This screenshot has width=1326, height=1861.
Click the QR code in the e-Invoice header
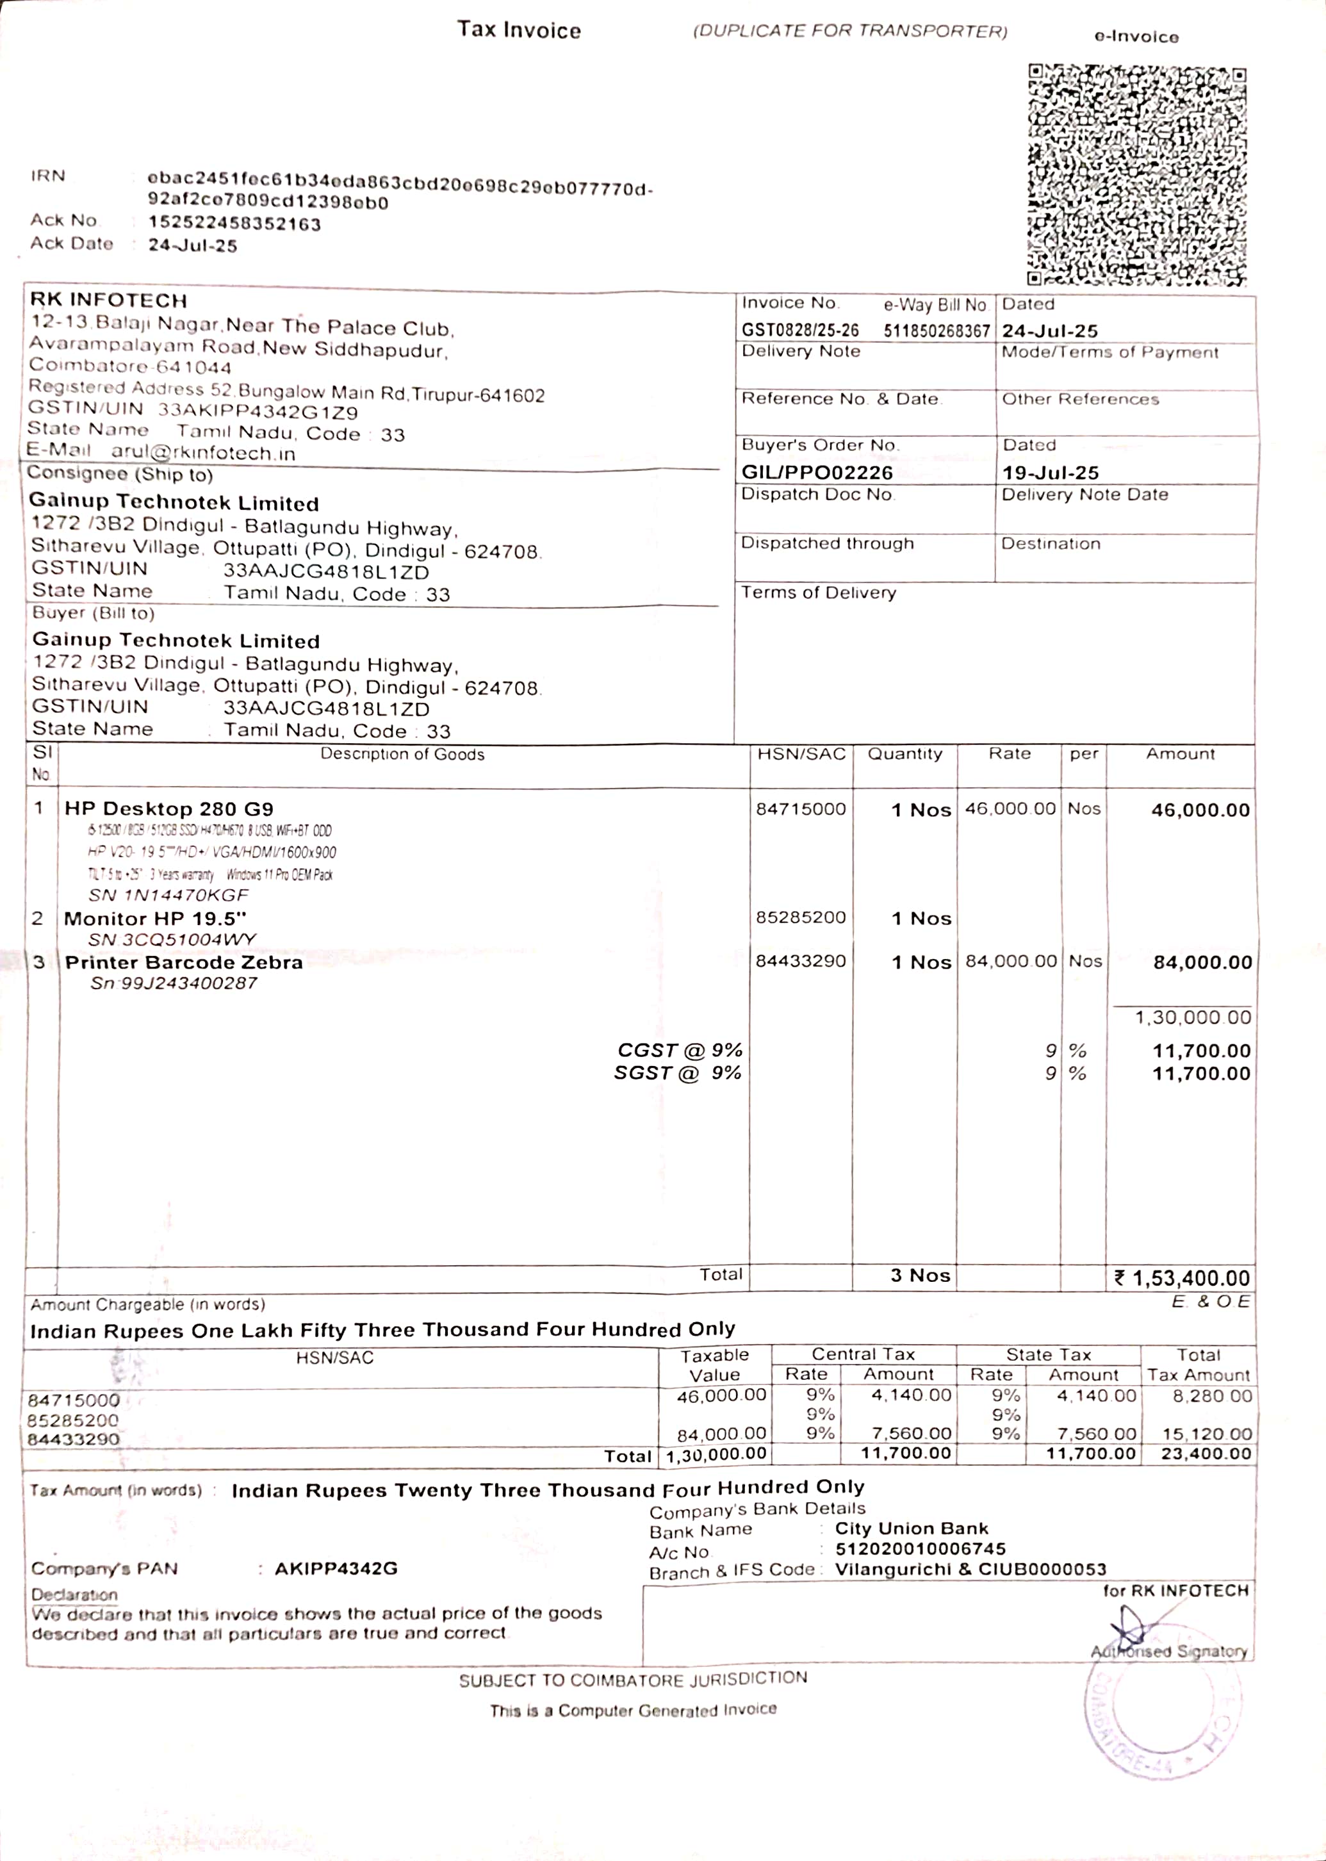coord(1136,175)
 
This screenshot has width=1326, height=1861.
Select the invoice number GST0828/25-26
coord(799,331)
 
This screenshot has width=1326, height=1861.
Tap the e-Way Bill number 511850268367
coord(936,331)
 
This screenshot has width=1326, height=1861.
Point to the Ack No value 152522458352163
coord(234,224)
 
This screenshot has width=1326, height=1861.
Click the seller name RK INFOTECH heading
coord(109,300)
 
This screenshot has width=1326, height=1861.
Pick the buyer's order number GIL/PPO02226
coord(817,472)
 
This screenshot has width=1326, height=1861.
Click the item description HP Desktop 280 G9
coord(169,808)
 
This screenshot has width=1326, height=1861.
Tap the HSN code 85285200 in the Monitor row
coord(800,917)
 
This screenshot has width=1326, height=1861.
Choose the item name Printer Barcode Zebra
coord(184,962)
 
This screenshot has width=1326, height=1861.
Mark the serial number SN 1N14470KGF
coord(168,895)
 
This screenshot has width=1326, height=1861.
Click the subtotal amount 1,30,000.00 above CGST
coord(1192,1017)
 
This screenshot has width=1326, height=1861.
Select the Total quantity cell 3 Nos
coord(921,1275)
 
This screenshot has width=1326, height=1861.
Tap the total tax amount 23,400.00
coord(1205,1454)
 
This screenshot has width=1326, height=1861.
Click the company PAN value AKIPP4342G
coord(336,1568)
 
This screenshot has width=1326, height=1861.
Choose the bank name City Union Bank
coord(910,1528)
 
